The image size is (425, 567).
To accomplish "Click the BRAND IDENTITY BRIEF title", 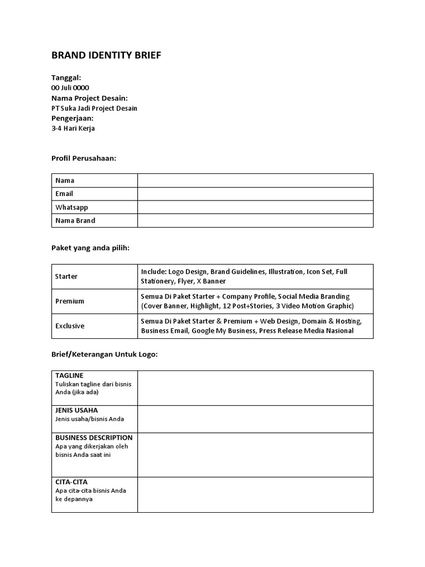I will pos(106,55).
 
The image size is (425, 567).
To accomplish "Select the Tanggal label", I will pos(66,78).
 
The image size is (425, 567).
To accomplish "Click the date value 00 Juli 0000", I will pos(70,88).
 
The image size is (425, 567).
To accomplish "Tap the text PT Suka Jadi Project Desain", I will pos(94,109).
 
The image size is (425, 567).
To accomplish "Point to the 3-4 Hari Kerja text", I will pos(73,128).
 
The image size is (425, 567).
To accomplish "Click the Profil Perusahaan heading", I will pos(84,158).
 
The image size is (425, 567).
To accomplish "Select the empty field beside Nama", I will pos(255,181).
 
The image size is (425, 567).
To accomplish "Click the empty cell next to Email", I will pos(255,194).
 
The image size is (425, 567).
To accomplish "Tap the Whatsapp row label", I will pos(72,207).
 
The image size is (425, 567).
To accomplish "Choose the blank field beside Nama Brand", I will pos(255,220).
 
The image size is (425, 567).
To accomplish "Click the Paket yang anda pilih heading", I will pos(90,248).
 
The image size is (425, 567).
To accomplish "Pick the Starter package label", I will pos(66,276).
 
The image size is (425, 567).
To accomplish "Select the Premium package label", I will pos(70,301).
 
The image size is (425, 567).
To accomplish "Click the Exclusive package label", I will pos(70,326).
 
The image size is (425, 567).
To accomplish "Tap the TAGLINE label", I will pos(69,375).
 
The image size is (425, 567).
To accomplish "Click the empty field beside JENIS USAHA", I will pos(255,419).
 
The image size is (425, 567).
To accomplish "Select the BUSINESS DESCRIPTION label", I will pos(94,438).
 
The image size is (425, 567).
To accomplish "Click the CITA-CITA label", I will pos(71,482).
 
